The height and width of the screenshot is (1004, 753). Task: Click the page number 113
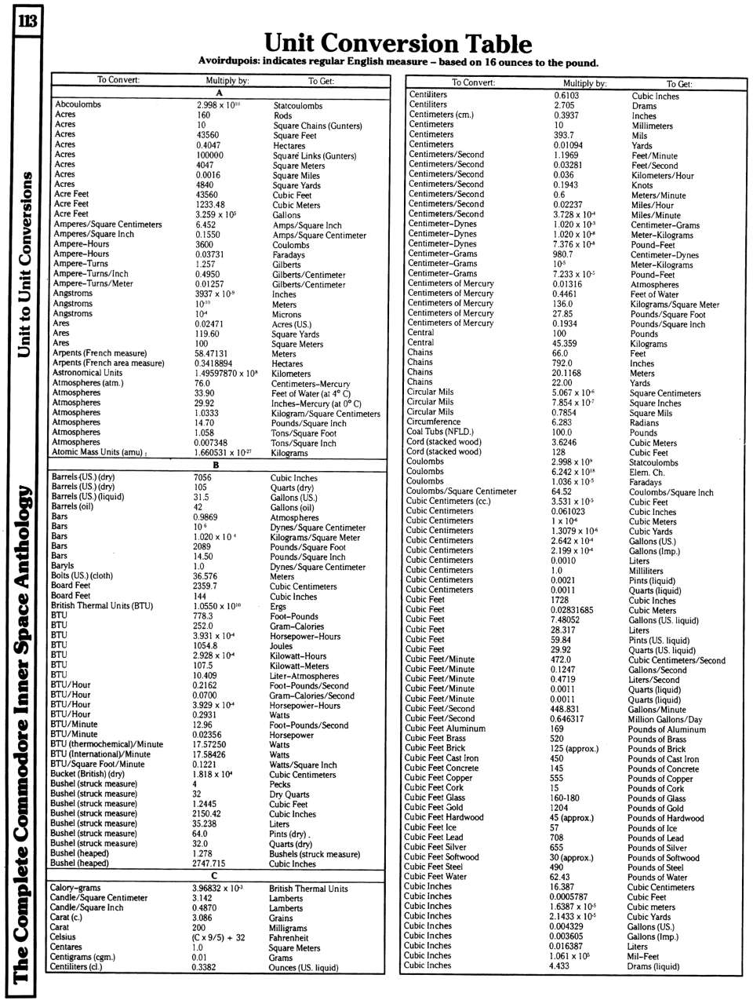coord(27,20)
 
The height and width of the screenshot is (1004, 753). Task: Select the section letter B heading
coord(216,465)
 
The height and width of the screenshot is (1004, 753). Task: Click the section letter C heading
coord(214,875)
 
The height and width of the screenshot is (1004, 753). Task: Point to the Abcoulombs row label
coord(78,104)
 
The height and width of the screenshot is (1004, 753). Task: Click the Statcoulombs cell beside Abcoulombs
coord(297,105)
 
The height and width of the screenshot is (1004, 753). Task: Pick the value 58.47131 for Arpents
coord(212,353)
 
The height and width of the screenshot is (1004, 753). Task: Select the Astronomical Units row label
coord(87,373)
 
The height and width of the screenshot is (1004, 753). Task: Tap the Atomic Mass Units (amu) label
coord(98,452)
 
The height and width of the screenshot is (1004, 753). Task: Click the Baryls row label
coord(62,565)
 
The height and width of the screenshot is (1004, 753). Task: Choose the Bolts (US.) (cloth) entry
coord(82,575)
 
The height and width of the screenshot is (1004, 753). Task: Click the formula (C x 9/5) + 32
coord(218,937)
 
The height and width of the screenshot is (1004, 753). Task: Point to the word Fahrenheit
coord(288,938)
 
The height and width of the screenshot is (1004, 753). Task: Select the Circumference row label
coord(434,422)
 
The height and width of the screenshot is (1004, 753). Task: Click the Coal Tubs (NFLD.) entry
coord(440,432)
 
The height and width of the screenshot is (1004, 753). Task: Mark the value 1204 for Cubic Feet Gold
coord(558,808)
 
